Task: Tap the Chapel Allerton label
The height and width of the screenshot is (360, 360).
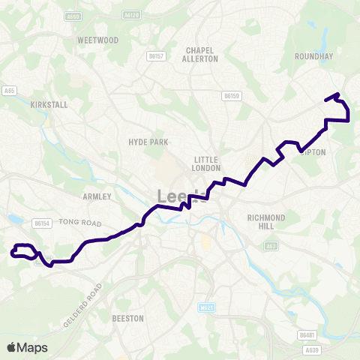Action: [201, 54]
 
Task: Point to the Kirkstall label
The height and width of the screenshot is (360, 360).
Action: [49, 105]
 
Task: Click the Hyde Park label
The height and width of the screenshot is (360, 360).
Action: [148, 142]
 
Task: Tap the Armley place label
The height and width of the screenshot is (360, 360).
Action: [97, 196]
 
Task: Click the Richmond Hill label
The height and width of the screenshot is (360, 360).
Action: [266, 222]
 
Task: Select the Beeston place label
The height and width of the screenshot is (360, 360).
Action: [127, 319]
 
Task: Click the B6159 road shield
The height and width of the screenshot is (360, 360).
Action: [231, 95]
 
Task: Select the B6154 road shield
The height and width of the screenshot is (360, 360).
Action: [40, 223]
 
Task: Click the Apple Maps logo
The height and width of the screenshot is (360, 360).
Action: [27, 347]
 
